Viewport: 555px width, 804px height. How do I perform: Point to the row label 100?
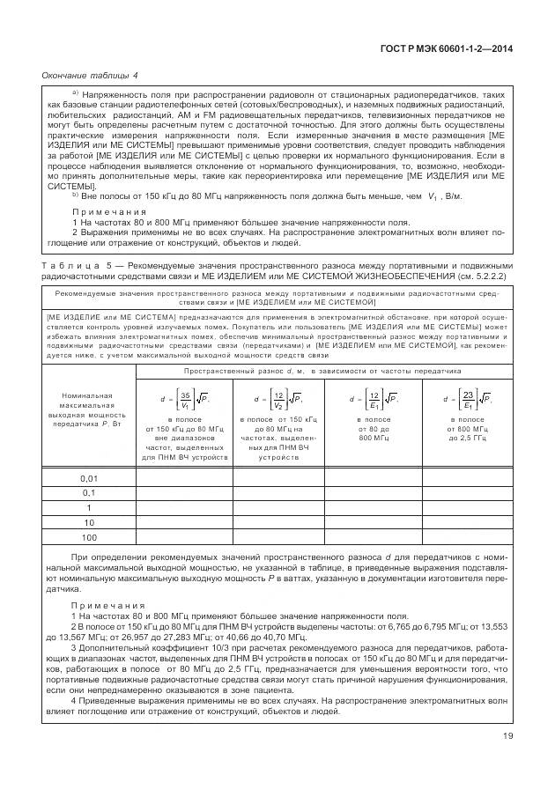tap(89, 536)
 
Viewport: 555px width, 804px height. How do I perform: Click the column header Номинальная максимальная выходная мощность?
tap(89, 411)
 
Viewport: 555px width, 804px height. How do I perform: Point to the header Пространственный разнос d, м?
tap(322, 372)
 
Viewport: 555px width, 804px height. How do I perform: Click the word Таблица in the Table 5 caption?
tap(67, 265)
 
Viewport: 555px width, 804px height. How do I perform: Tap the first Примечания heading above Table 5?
tap(109, 213)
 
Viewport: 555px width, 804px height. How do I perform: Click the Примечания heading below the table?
tap(109, 606)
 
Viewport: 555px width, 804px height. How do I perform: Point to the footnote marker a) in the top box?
tap(76, 92)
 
